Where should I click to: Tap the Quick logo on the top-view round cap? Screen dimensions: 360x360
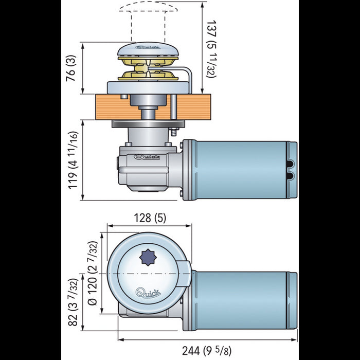click(148, 295)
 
